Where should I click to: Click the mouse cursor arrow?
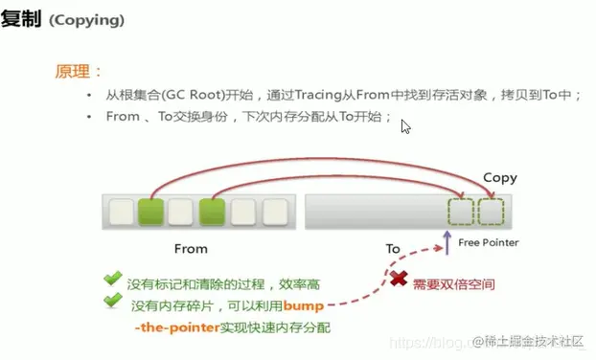(406, 126)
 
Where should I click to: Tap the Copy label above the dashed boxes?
(499, 178)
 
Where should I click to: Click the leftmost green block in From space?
(149, 211)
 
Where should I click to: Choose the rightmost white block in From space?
(274, 211)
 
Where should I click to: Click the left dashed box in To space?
(462, 211)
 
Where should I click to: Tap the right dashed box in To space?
(491, 211)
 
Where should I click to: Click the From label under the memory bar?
(191, 248)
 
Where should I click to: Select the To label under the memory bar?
(392, 248)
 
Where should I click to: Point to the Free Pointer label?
(488, 242)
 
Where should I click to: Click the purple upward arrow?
(447, 239)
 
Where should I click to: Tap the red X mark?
(396, 281)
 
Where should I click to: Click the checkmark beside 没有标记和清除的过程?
(113, 280)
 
